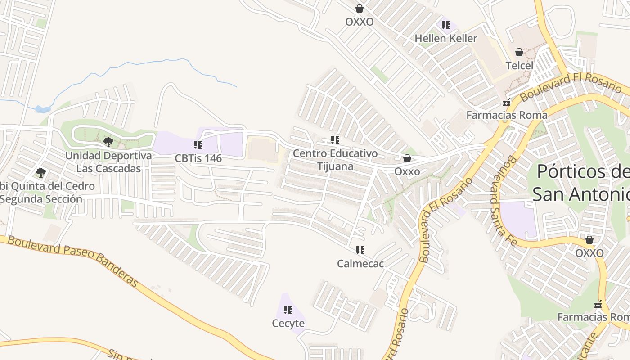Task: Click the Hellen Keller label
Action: click(x=445, y=38)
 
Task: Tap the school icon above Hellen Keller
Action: click(x=445, y=25)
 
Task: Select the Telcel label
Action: click(x=519, y=65)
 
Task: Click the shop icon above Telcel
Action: click(x=519, y=52)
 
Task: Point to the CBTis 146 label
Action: click(x=198, y=158)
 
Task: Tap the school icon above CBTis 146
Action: click(x=198, y=145)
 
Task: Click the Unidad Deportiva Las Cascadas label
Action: click(x=108, y=162)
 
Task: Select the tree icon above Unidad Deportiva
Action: click(x=108, y=143)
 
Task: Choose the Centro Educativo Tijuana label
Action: click(x=335, y=160)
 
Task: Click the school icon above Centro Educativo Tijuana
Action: click(x=335, y=140)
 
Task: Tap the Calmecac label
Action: click(x=360, y=263)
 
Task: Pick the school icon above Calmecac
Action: click(x=360, y=250)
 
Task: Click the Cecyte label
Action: click(x=288, y=323)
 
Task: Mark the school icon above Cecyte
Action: click(x=288, y=310)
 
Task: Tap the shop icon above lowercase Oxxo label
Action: click(x=407, y=158)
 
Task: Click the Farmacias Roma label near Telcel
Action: click(x=507, y=115)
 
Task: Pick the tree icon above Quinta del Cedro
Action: click(x=41, y=172)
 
